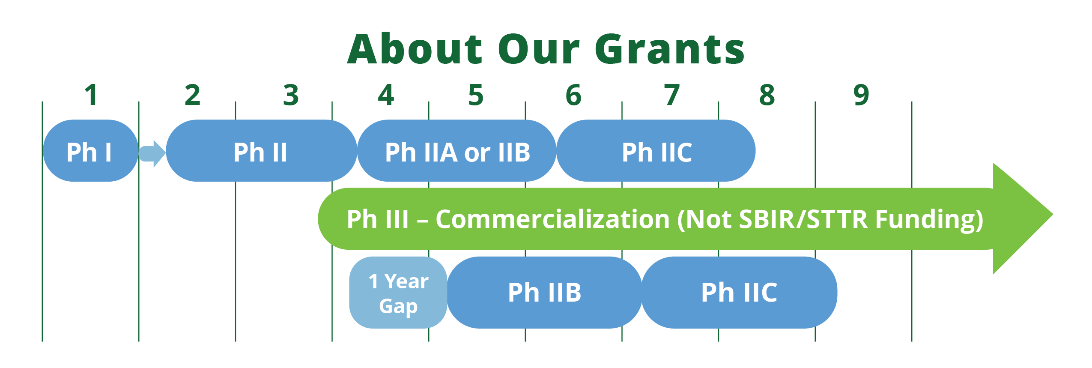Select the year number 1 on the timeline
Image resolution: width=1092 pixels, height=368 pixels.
point(91,95)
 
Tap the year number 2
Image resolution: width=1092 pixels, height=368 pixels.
point(192,95)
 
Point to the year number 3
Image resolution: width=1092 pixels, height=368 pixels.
point(291,95)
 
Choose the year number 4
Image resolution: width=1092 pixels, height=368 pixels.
point(386,95)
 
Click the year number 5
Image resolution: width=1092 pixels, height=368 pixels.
point(476,95)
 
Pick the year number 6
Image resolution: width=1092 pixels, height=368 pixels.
point(573,95)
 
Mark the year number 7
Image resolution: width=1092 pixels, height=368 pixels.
point(672,95)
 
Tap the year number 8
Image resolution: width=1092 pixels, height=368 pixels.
point(767,95)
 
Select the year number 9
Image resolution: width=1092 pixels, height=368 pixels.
point(861,95)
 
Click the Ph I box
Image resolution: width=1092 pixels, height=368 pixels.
point(90,151)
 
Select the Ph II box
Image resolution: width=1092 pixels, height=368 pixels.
point(261,151)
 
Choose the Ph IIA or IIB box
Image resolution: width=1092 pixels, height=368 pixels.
point(457,151)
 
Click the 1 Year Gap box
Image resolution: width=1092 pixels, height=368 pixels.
point(398,293)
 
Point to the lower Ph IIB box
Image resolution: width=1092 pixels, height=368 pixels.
point(545,293)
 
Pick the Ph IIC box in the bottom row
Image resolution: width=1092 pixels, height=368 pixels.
point(740,293)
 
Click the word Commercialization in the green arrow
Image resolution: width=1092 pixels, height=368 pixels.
point(553,219)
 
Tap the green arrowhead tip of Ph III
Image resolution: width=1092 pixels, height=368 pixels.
point(1052,214)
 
